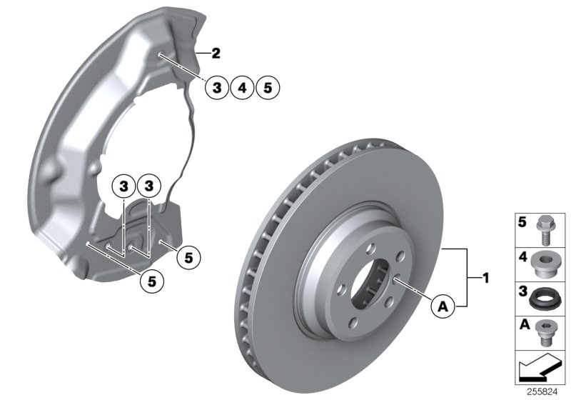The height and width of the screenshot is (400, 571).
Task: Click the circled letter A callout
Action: point(443,306)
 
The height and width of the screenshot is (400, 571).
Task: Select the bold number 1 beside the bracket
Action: point(486,276)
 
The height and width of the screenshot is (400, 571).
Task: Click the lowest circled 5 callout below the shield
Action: point(152,281)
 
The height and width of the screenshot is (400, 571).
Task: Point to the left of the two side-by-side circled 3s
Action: point(123,186)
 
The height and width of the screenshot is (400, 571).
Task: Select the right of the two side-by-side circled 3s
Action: point(148,186)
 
